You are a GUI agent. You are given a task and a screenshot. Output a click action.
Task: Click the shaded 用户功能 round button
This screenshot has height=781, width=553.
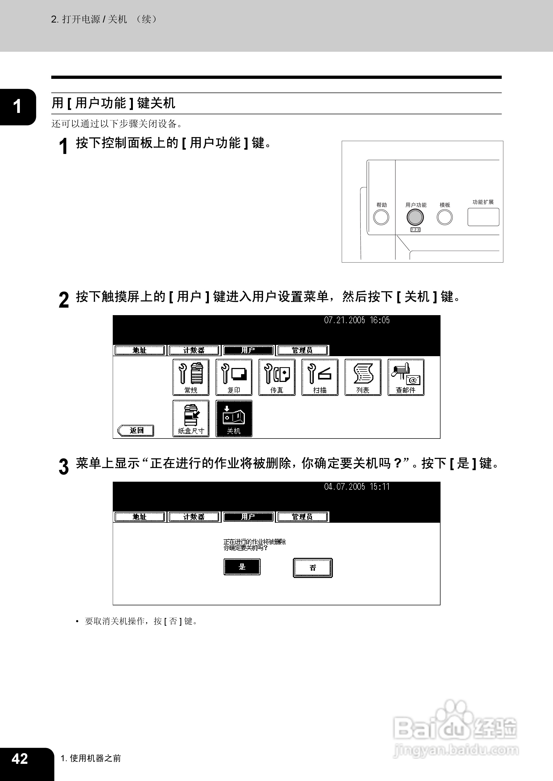pos(415,217)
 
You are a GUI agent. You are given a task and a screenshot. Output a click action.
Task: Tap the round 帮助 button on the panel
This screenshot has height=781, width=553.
pos(381,217)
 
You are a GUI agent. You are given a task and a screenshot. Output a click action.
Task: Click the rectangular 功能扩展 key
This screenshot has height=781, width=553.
pos(483,217)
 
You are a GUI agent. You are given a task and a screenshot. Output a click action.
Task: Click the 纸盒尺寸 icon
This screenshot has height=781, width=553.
pos(191,418)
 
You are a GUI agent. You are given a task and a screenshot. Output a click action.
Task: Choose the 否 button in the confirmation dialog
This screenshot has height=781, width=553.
pos(312,568)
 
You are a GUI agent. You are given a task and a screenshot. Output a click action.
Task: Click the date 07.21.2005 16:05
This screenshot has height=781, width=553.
pos(356,320)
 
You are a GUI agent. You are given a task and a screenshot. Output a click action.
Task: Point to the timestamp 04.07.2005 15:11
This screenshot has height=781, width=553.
pos(356,487)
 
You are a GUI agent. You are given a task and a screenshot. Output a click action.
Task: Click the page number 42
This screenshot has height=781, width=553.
pos(20,758)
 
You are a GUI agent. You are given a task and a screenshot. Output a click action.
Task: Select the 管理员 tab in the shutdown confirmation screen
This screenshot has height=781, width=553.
pos(302,517)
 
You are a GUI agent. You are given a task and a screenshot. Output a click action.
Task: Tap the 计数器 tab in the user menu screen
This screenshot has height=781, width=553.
pos(193,350)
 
